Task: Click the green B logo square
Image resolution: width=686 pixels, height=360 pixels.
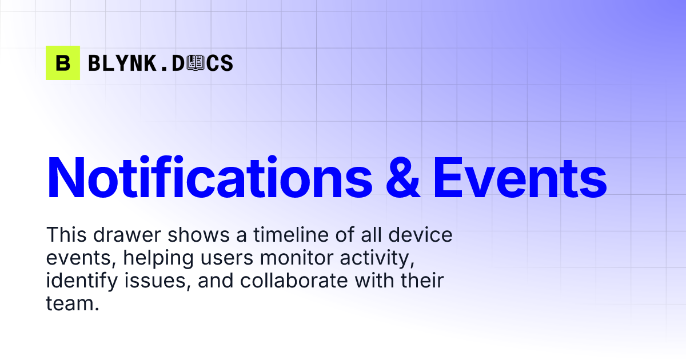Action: click(x=63, y=63)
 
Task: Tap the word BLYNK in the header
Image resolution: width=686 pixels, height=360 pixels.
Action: click(x=121, y=63)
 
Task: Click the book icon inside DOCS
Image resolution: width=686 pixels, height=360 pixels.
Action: click(x=196, y=63)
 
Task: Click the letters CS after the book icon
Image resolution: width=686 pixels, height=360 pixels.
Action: click(x=220, y=63)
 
